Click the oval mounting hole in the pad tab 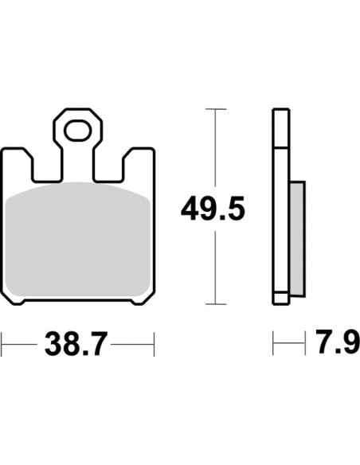click(x=78, y=131)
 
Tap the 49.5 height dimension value click(x=213, y=209)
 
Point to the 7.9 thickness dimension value click(x=338, y=342)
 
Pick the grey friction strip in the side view click(x=297, y=239)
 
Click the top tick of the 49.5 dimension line click(x=216, y=109)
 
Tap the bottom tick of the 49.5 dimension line click(x=216, y=304)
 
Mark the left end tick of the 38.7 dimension click(x=2, y=344)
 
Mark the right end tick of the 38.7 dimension click(x=154, y=344)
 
